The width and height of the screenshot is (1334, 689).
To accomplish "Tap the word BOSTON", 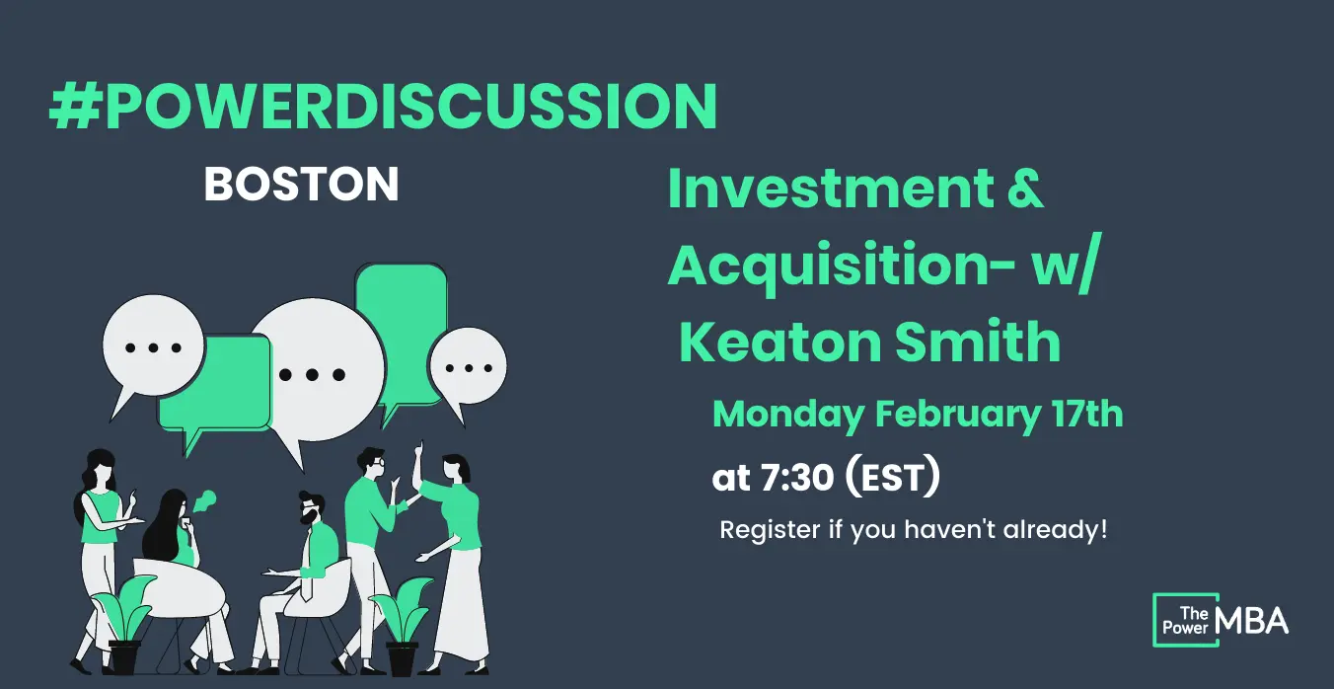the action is point(301,185).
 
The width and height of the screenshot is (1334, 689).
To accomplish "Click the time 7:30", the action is point(797,478).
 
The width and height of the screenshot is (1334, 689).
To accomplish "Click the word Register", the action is point(770,530).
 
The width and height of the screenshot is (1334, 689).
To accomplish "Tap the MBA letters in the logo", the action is point(1252,621).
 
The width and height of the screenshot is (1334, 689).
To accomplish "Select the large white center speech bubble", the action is point(316,372).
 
